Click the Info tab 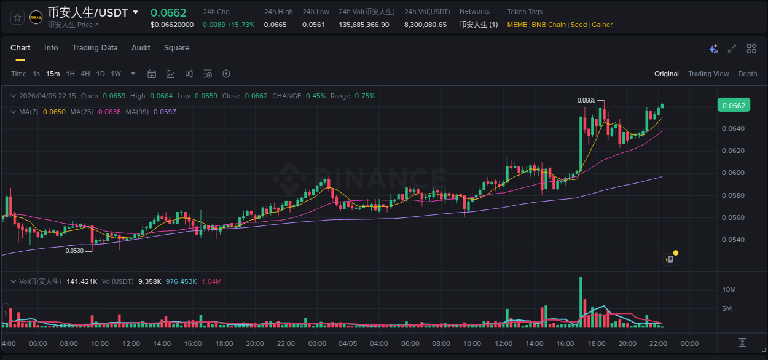click(x=51, y=48)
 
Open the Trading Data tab click(x=95, y=48)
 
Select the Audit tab click(x=141, y=48)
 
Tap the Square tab click(x=176, y=48)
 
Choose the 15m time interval click(x=53, y=74)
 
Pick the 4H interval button click(x=85, y=74)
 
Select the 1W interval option click(x=116, y=74)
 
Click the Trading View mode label click(x=708, y=74)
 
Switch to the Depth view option click(x=747, y=74)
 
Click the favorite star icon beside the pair click(x=17, y=17)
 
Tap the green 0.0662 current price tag click(x=733, y=106)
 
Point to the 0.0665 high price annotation click(x=587, y=100)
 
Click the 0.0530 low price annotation click(x=74, y=251)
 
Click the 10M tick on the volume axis click(x=729, y=289)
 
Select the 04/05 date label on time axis click(x=348, y=343)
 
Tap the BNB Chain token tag click(x=549, y=25)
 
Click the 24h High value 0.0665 click(x=275, y=25)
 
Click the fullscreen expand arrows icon click(x=732, y=49)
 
